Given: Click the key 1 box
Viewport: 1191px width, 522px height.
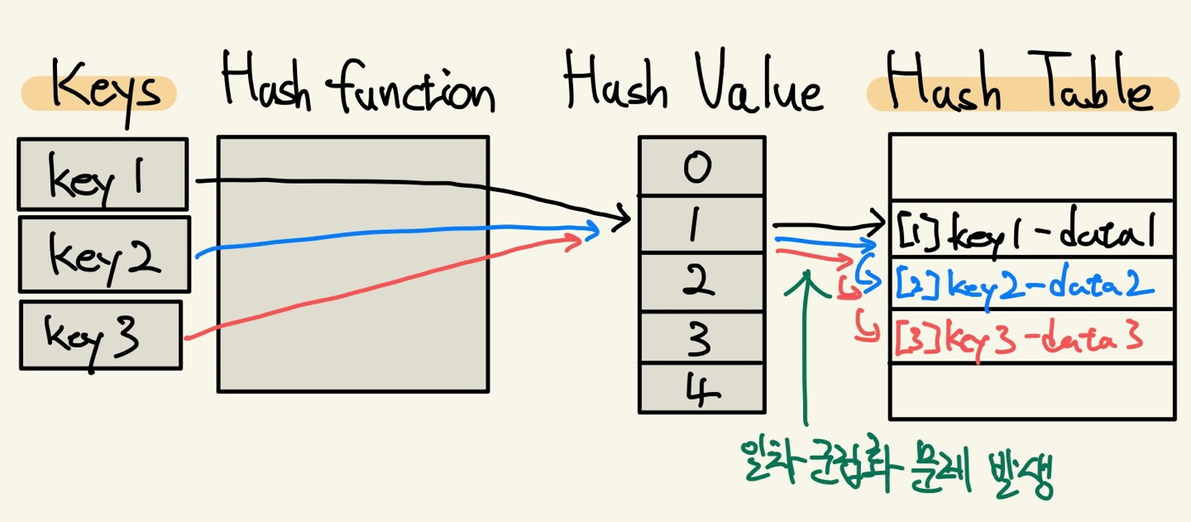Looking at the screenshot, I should (103, 174).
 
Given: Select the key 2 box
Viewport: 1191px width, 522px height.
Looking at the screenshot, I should (104, 254).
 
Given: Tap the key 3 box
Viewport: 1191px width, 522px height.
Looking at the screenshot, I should (100, 334).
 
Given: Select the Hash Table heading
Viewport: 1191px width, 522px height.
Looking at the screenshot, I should (1021, 89).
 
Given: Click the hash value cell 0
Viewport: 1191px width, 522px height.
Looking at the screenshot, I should (701, 166).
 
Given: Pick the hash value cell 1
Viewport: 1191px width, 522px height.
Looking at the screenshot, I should (701, 225).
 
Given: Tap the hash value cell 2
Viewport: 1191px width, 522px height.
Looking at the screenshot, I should (701, 282).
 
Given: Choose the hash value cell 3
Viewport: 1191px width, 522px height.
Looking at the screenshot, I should (701, 338).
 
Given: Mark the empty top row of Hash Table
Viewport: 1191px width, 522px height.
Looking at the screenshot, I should (1031, 167).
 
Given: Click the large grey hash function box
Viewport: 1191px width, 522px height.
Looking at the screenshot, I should (352, 263).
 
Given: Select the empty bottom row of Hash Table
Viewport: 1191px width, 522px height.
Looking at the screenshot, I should (1031, 391).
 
